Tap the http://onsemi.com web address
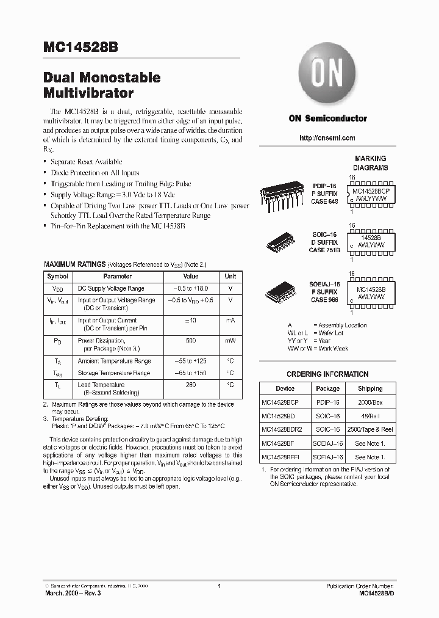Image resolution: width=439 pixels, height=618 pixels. pyautogui.click(x=327, y=138)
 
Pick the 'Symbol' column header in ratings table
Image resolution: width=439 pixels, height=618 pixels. pyautogui.click(x=58, y=277)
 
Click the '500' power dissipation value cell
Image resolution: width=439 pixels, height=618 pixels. pyautogui.click(x=191, y=340)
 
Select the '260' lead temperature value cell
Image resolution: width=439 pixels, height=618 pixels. pyautogui.click(x=191, y=385)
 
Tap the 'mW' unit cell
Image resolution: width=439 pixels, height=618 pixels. pyautogui.click(x=230, y=340)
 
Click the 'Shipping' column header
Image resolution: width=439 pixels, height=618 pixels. pyautogui.click(x=370, y=388)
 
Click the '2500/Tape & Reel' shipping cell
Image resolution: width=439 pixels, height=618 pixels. pyautogui.click(x=370, y=429)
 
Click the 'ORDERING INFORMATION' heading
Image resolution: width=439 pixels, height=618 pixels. pyautogui.click(x=327, y=374)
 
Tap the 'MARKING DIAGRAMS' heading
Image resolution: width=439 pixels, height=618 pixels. pyautogui.click(x=371, y=163)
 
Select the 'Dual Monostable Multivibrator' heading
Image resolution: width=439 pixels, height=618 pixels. pyautogui.click(x=102, y=86)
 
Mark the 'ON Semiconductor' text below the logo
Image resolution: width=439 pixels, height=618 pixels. pyautogui.click(x=327, y=118)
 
